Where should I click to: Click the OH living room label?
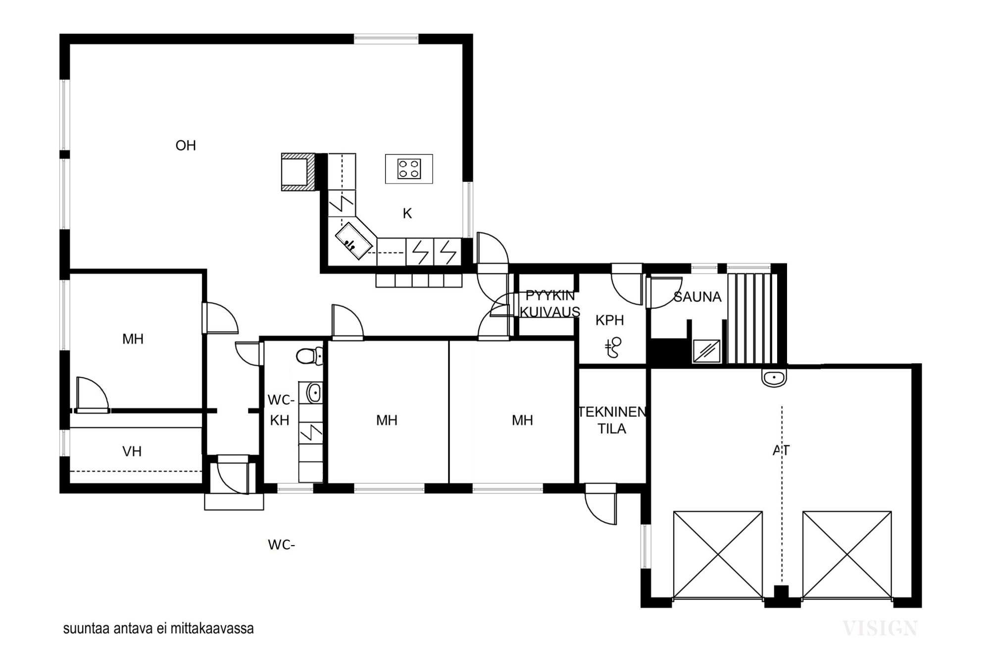186,146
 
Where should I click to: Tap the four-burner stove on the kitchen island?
409,168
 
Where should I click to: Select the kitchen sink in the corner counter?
353,241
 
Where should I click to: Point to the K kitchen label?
407,213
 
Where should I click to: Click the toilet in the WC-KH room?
309,355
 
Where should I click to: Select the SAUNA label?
697,297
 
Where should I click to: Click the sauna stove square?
706,351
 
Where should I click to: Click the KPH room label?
609,320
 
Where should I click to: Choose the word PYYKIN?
550,296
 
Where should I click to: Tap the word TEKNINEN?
612,412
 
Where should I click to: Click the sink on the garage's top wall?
774,378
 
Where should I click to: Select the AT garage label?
781,450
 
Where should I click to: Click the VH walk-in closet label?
132,452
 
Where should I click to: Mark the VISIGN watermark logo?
880,628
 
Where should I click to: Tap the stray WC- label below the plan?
281,545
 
